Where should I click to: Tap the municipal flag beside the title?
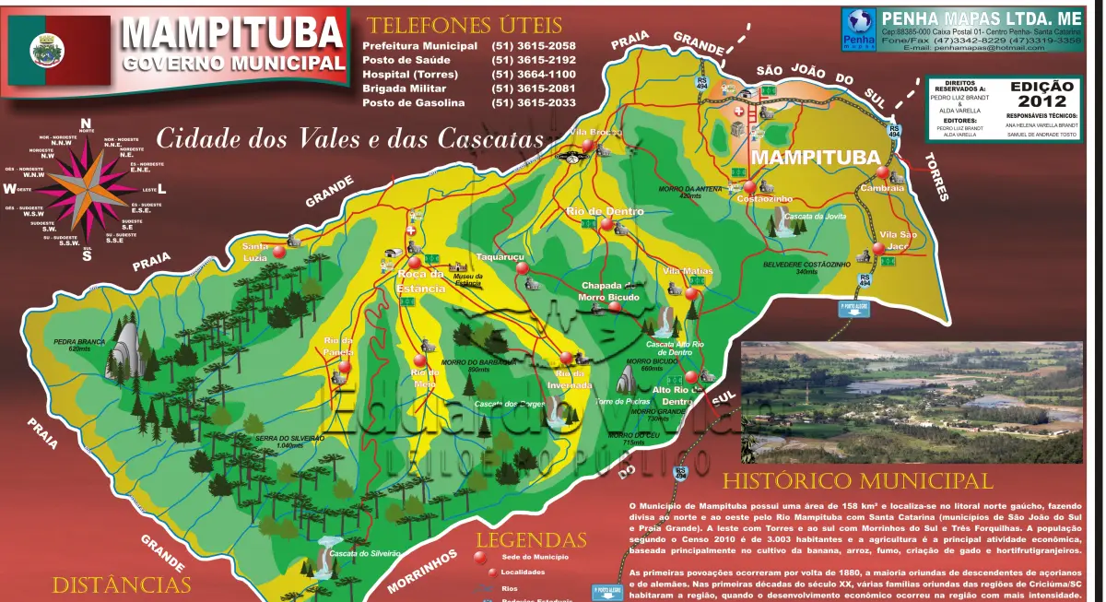tap(44, 51)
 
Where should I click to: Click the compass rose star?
tap(85, 189)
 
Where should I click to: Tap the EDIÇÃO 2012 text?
tap(1041, 93)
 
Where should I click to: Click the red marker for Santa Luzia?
tap(278, 251)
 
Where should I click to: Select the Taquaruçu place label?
tap(500, 256)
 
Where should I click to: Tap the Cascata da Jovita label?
tap(815, 217)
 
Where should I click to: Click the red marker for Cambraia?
tap(883, 172)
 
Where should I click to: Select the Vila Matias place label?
tap(688, 271)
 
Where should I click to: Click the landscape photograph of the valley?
tap(912, 402)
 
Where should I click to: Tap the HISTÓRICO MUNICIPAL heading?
tap(857, 481)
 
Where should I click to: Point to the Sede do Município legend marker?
tap(478, 557)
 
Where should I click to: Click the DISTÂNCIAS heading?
tap(121, 584)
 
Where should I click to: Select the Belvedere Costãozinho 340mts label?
tap(806, 268)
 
